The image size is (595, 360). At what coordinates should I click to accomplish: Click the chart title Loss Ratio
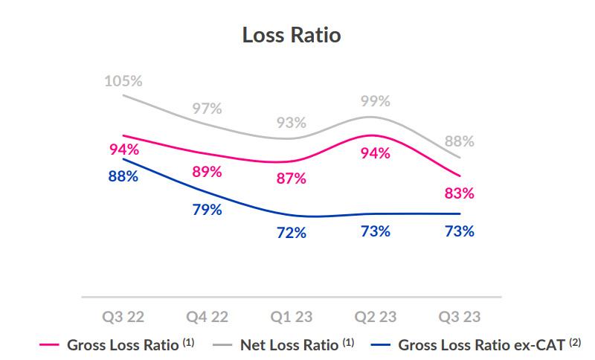292,35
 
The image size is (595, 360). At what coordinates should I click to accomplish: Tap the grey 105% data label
123,80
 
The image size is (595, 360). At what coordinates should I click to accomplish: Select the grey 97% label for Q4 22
207,108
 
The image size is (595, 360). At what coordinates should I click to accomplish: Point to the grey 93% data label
291,123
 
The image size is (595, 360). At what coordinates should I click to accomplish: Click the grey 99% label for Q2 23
375,100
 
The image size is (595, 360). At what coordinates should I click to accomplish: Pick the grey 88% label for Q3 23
459,141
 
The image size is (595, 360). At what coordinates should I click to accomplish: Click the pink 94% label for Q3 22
123,149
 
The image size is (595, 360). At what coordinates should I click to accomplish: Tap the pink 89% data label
207,172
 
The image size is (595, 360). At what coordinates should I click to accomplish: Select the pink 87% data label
291,178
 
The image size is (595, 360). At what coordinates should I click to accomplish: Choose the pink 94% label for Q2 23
375,153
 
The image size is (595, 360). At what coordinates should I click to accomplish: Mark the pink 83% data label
459,193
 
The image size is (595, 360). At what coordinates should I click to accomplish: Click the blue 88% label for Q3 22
123,176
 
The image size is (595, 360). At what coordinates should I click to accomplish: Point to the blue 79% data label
207,210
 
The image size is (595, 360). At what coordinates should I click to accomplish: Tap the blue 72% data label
291,233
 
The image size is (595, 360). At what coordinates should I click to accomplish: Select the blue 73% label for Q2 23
375,231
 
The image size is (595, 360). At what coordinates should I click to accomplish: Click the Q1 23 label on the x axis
291,317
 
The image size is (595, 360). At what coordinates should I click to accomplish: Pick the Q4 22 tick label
207,317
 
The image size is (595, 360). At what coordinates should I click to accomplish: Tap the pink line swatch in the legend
49,345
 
